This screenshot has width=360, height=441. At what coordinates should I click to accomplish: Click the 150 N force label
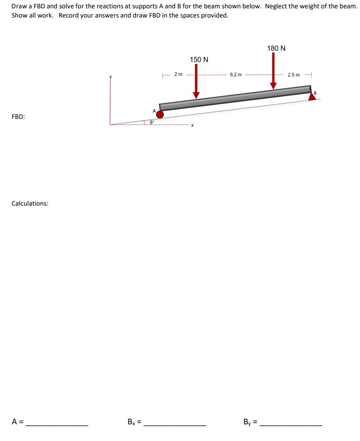(x=199, y=59)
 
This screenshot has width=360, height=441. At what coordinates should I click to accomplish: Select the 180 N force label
(x=276, y=48)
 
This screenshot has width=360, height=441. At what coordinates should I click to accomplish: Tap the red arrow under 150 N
(x=196, y=82)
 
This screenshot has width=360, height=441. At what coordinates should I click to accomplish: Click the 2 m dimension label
(x=178, y=74)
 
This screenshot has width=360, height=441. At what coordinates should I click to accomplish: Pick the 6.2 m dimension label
(x=236, y=75)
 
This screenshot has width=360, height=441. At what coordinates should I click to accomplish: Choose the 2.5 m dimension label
(x=294, y=75)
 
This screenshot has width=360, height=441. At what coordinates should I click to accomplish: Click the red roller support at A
(x=160, y=114)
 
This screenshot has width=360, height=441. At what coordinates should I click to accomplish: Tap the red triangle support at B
(x=312, y=96)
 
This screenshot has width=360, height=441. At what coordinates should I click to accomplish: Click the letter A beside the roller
(x=154, y=110)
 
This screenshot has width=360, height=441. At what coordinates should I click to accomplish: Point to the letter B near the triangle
(x=314, y=92)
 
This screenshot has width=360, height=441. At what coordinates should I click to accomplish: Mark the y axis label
(x=111, y=78)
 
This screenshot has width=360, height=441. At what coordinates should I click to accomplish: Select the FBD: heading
(x=18, y=117)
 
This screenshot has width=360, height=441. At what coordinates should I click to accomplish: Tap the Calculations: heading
(x=30, y=203)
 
